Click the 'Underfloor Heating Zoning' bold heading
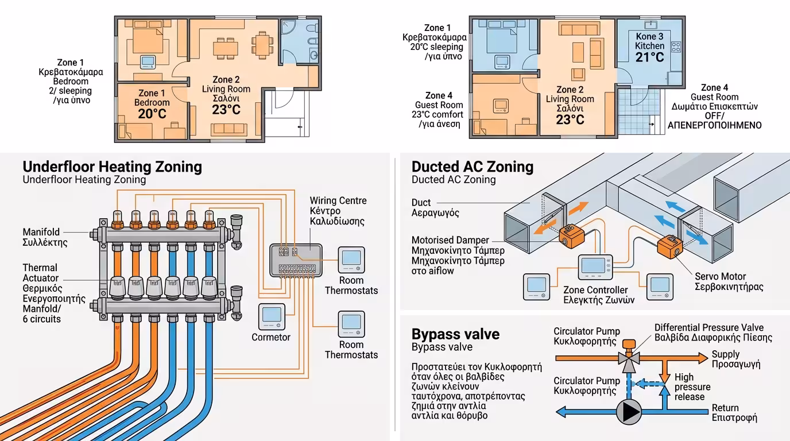[112, 167]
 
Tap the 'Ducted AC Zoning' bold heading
[472, 167]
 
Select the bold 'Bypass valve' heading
[455, 334]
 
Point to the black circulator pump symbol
[629, 412]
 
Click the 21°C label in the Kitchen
[649, 57]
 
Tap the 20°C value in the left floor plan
[152, 113]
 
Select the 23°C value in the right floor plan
[570, 119]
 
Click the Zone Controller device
[595, 267]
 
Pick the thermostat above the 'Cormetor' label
[271, 315]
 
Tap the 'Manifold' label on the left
[41, 232]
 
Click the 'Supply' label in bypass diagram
[726, 354]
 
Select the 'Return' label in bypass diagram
[725, 408]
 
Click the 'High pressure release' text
[692, 386]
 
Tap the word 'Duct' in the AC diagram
[421, 202]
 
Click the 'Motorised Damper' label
[450, 240]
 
